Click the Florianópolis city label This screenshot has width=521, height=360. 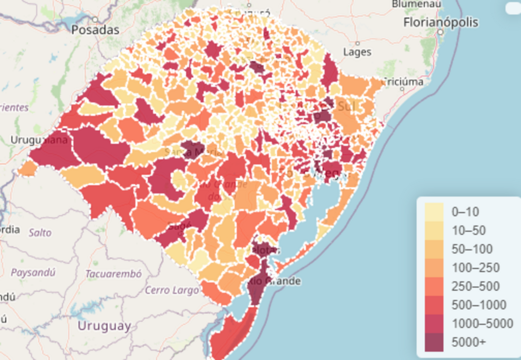coord(441,22)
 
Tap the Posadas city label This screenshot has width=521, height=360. coord(95,30)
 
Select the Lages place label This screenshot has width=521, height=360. coord(357,52)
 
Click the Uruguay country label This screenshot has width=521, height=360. coord(104,326)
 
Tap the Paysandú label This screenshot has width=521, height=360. coord(33,272)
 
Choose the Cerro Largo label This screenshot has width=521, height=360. coord(171,290)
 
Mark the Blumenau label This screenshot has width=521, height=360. coord(417,4)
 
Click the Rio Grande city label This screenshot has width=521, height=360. coord(275,281)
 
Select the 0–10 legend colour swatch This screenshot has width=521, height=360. coord(433,212)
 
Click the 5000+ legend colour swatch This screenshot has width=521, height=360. coord(433,342)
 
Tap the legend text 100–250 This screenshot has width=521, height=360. coord(475,268)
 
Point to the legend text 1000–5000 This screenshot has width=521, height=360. coord(482,323)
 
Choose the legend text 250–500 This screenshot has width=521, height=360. coord(475,286)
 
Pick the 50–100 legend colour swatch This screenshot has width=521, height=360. coord(433,249)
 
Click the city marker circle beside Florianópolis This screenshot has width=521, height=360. coord(441,31)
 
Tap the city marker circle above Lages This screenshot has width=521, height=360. coord(357,43)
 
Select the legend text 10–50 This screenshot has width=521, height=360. coord(469,231)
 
